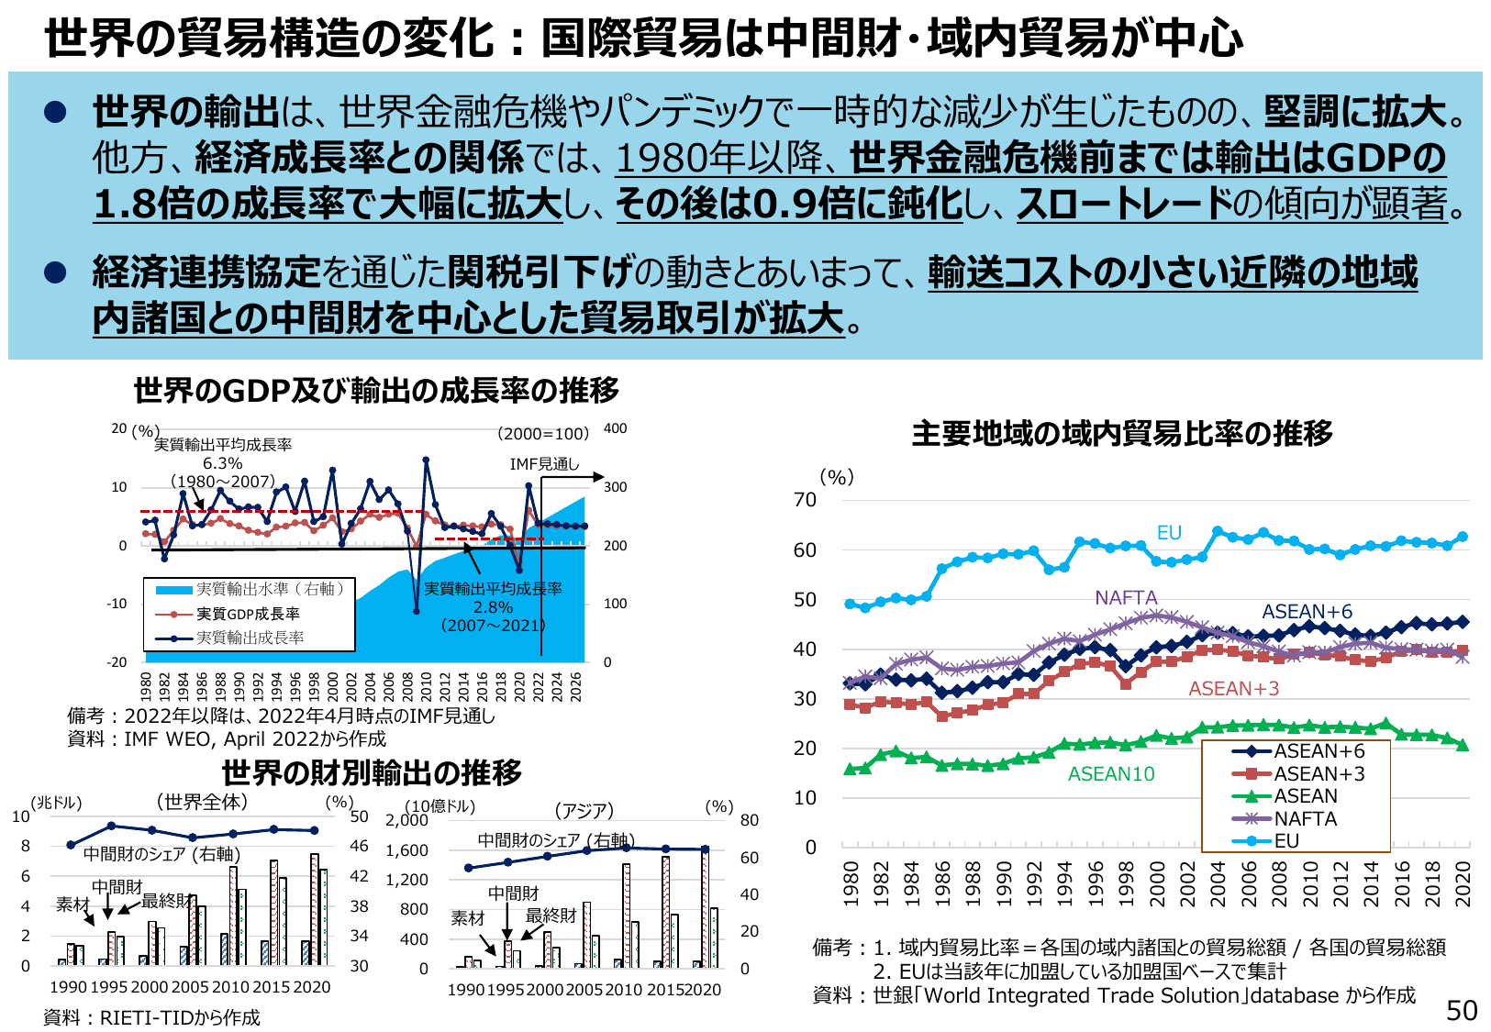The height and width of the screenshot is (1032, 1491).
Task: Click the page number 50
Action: (1462, 1010)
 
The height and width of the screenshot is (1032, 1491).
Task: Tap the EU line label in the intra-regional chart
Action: (1168, 533)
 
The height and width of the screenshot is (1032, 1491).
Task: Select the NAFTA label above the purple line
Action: (1126, 598)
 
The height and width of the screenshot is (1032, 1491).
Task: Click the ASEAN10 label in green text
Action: (1111, 774)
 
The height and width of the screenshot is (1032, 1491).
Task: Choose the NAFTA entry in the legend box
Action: (1305, 818)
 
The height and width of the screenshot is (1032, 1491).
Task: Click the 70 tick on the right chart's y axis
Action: (805, 500)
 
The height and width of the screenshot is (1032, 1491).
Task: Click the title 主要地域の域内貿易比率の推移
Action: (1121, 433)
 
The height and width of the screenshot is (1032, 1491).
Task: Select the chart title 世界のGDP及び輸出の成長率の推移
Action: (376, 391)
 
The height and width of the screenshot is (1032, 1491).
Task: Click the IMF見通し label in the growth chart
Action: (544, 464)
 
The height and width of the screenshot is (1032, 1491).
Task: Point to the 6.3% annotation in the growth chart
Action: (222, 463)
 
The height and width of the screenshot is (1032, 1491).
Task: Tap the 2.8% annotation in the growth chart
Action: (493, 607)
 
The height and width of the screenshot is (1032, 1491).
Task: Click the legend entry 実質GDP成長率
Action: (248, 614)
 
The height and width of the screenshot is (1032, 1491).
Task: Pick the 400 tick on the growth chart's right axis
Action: (615, 428)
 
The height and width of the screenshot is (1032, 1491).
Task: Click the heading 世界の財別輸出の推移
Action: (372, 772)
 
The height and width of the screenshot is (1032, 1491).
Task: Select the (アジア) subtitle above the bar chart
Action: (584, 811)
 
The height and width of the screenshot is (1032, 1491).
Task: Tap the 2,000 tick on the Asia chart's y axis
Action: (406, 820)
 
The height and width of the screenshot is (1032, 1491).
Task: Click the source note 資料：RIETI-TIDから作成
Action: (152, 1017)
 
